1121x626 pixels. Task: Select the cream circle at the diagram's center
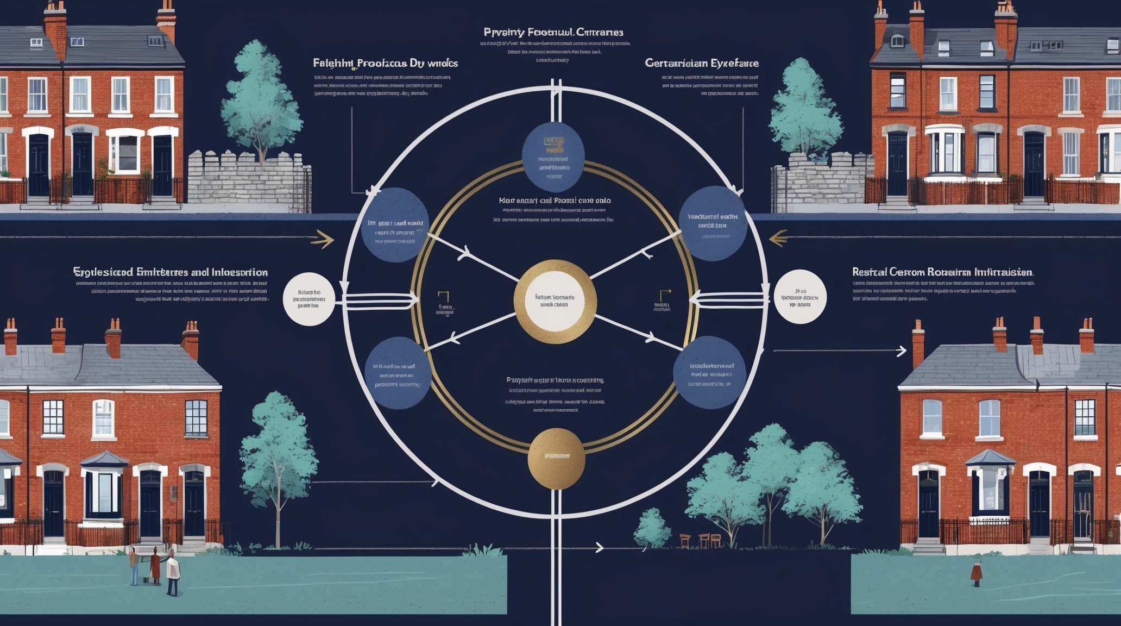tap(555, 302)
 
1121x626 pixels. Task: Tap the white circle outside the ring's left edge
tap(309, 299)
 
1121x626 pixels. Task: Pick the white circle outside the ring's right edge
tap(800, 297)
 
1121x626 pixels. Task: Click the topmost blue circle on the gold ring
tap(553, 156)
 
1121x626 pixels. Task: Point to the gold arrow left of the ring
tap(322, 239)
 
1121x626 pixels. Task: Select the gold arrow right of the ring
tap(779, 238)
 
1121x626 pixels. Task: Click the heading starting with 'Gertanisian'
tap(701, 63)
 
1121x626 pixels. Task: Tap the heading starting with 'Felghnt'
tap(385, 63)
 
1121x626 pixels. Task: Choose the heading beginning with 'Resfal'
tap(942, 272)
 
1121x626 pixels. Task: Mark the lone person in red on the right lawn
tap(977, 573)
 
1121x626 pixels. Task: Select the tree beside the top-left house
tap(261, 103)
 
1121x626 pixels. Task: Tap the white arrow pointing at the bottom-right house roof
tap(900, 351)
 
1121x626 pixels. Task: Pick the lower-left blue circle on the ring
tap(398, 373)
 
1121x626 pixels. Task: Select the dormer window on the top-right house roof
tap(898, 40)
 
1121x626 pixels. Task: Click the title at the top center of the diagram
tap(553, 33)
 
